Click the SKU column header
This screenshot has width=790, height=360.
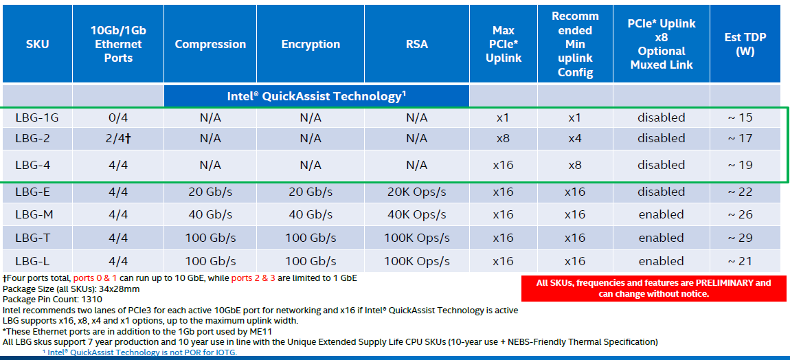(x=37, y=44)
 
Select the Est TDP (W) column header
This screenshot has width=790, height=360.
(x=745, y=44)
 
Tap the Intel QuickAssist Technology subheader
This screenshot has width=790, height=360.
(x=317, y=96)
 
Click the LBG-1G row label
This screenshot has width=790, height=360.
(x=37, y=117)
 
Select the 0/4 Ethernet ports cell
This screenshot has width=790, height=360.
(x=117, y=117)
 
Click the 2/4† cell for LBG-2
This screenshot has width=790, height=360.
(x=117, y=138)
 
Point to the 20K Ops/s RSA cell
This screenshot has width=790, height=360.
(x=416, y=192)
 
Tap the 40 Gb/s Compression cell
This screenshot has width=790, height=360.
(x=210, y=214)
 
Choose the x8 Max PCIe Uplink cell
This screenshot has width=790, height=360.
(x=503, y=138)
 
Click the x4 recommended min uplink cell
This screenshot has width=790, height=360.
(x=575, y=138)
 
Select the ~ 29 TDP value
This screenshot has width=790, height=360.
(x=740, y=238)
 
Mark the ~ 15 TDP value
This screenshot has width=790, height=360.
(x=740, y=117)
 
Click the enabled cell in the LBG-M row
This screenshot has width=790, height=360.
(x=661, y=214)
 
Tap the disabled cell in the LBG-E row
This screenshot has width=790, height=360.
(x=661, y=192)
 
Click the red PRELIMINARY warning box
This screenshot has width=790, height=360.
(x=653, y=288)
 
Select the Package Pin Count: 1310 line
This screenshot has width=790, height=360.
(x=52, y=300)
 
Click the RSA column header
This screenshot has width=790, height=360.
(x=416, y=44)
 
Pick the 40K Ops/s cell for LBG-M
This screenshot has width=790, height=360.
(x=416, y=214)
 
